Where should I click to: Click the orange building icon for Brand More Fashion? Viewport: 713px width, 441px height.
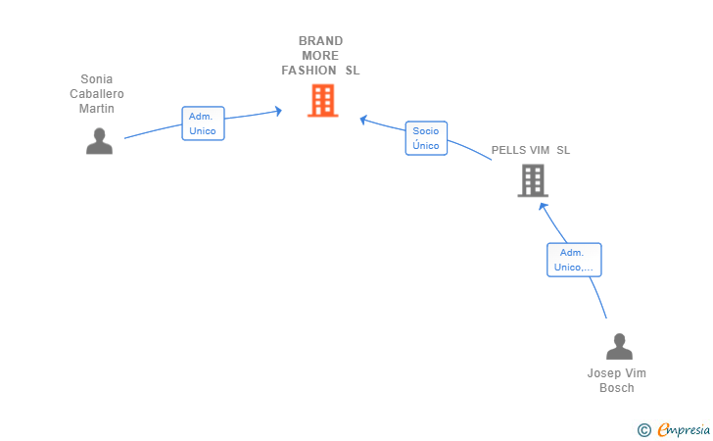click(323, 100)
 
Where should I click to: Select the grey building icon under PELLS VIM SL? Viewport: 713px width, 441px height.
click(533, 180)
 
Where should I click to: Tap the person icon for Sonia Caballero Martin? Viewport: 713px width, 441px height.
click(99, 141)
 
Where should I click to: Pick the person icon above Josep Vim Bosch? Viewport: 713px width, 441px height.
click(619, 346)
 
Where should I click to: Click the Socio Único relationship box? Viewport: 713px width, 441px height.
click(427, 138)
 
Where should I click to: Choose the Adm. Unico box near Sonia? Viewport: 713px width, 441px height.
click(204, 123)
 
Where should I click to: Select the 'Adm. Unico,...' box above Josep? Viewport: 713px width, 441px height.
click(574, 260)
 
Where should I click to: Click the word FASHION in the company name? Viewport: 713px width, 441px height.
click(309, 71)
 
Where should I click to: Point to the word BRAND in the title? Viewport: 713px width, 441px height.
click(320, 41)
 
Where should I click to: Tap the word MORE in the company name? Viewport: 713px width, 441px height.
click(320, 56)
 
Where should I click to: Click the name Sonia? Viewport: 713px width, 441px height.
click(96, 79)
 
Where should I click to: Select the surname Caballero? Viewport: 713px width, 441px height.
click(96, 94)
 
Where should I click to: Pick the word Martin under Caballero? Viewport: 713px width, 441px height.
click(96, 109)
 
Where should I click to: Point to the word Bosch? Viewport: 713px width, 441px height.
click(617, 388)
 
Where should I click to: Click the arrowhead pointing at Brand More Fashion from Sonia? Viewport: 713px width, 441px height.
click(278, 111)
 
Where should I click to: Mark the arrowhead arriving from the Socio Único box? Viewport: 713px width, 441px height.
click(363, 120)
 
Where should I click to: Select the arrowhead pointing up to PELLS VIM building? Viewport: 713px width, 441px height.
click(543, 207)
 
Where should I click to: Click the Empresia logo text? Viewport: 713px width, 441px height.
click(683, 429)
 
